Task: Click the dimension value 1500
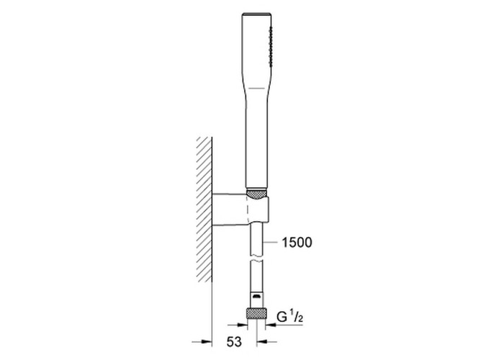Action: tap(297, 243)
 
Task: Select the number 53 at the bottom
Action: tap(234, 341)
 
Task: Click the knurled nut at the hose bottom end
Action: tap(256, 314)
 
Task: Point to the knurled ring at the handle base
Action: tap(256, 194)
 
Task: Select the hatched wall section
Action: tap(204, 210)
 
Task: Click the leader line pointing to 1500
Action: tap(270, 243)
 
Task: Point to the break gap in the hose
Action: tap(256, 258)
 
